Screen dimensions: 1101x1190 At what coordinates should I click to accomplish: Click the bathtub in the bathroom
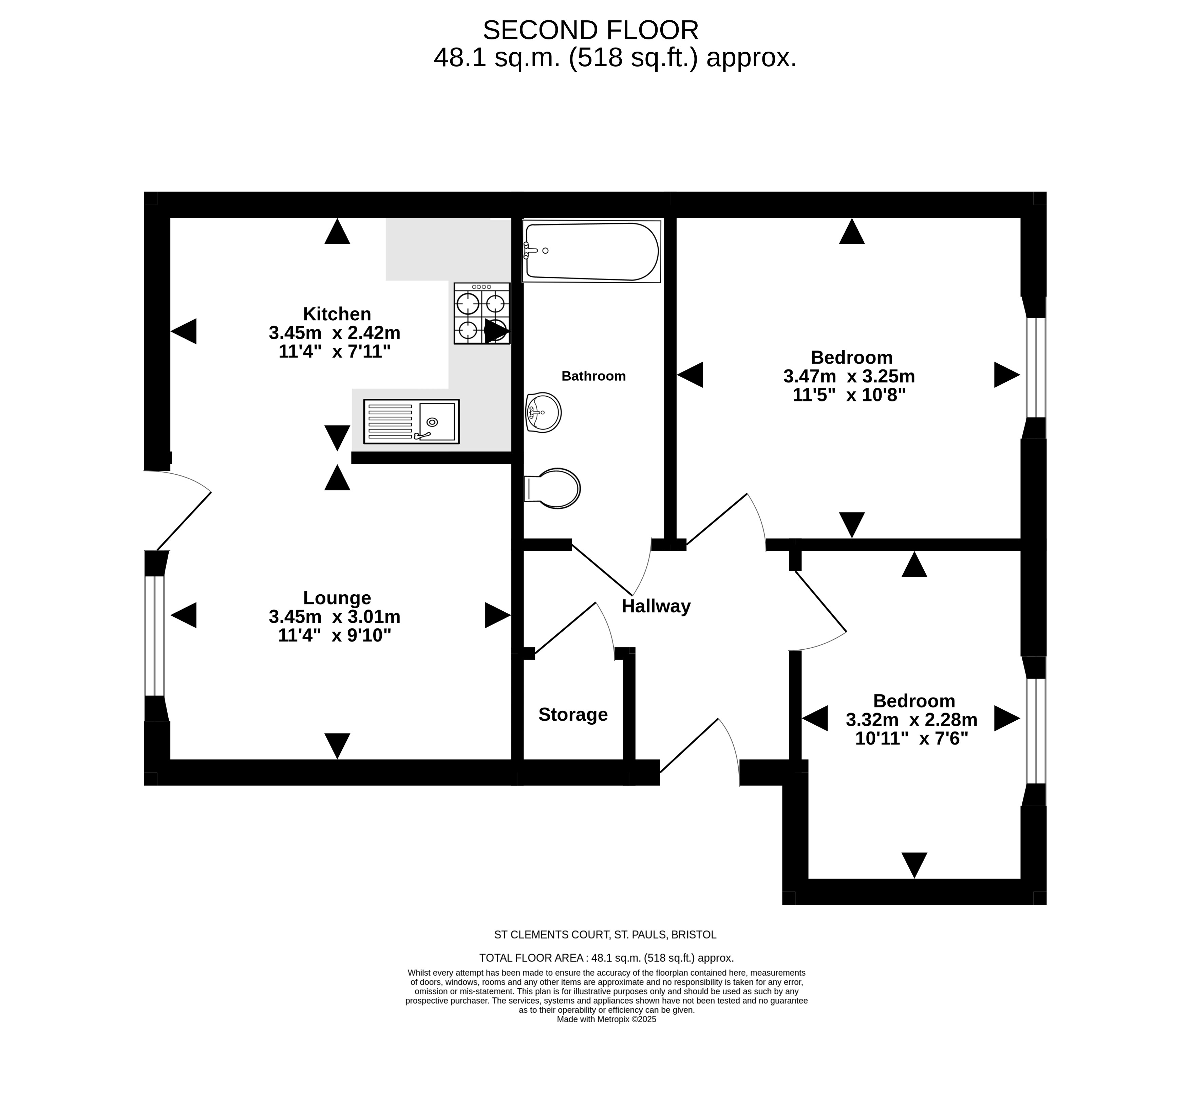coord(592,251)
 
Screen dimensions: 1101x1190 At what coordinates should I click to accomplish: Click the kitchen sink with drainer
coord(411,421)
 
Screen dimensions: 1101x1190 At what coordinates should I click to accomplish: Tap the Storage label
coord(573,714)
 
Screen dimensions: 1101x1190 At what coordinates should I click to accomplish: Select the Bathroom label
coord(593,376)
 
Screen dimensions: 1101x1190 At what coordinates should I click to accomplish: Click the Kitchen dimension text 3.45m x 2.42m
coord(335,332)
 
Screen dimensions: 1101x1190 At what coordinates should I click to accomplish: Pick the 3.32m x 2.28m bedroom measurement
coord(911,720)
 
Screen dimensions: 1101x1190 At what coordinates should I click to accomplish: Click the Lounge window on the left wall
coord(155,635)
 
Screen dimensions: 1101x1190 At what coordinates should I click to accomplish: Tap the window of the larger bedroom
coord(1036,367)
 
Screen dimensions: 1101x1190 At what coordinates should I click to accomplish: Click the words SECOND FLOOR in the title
coord(590,30)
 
